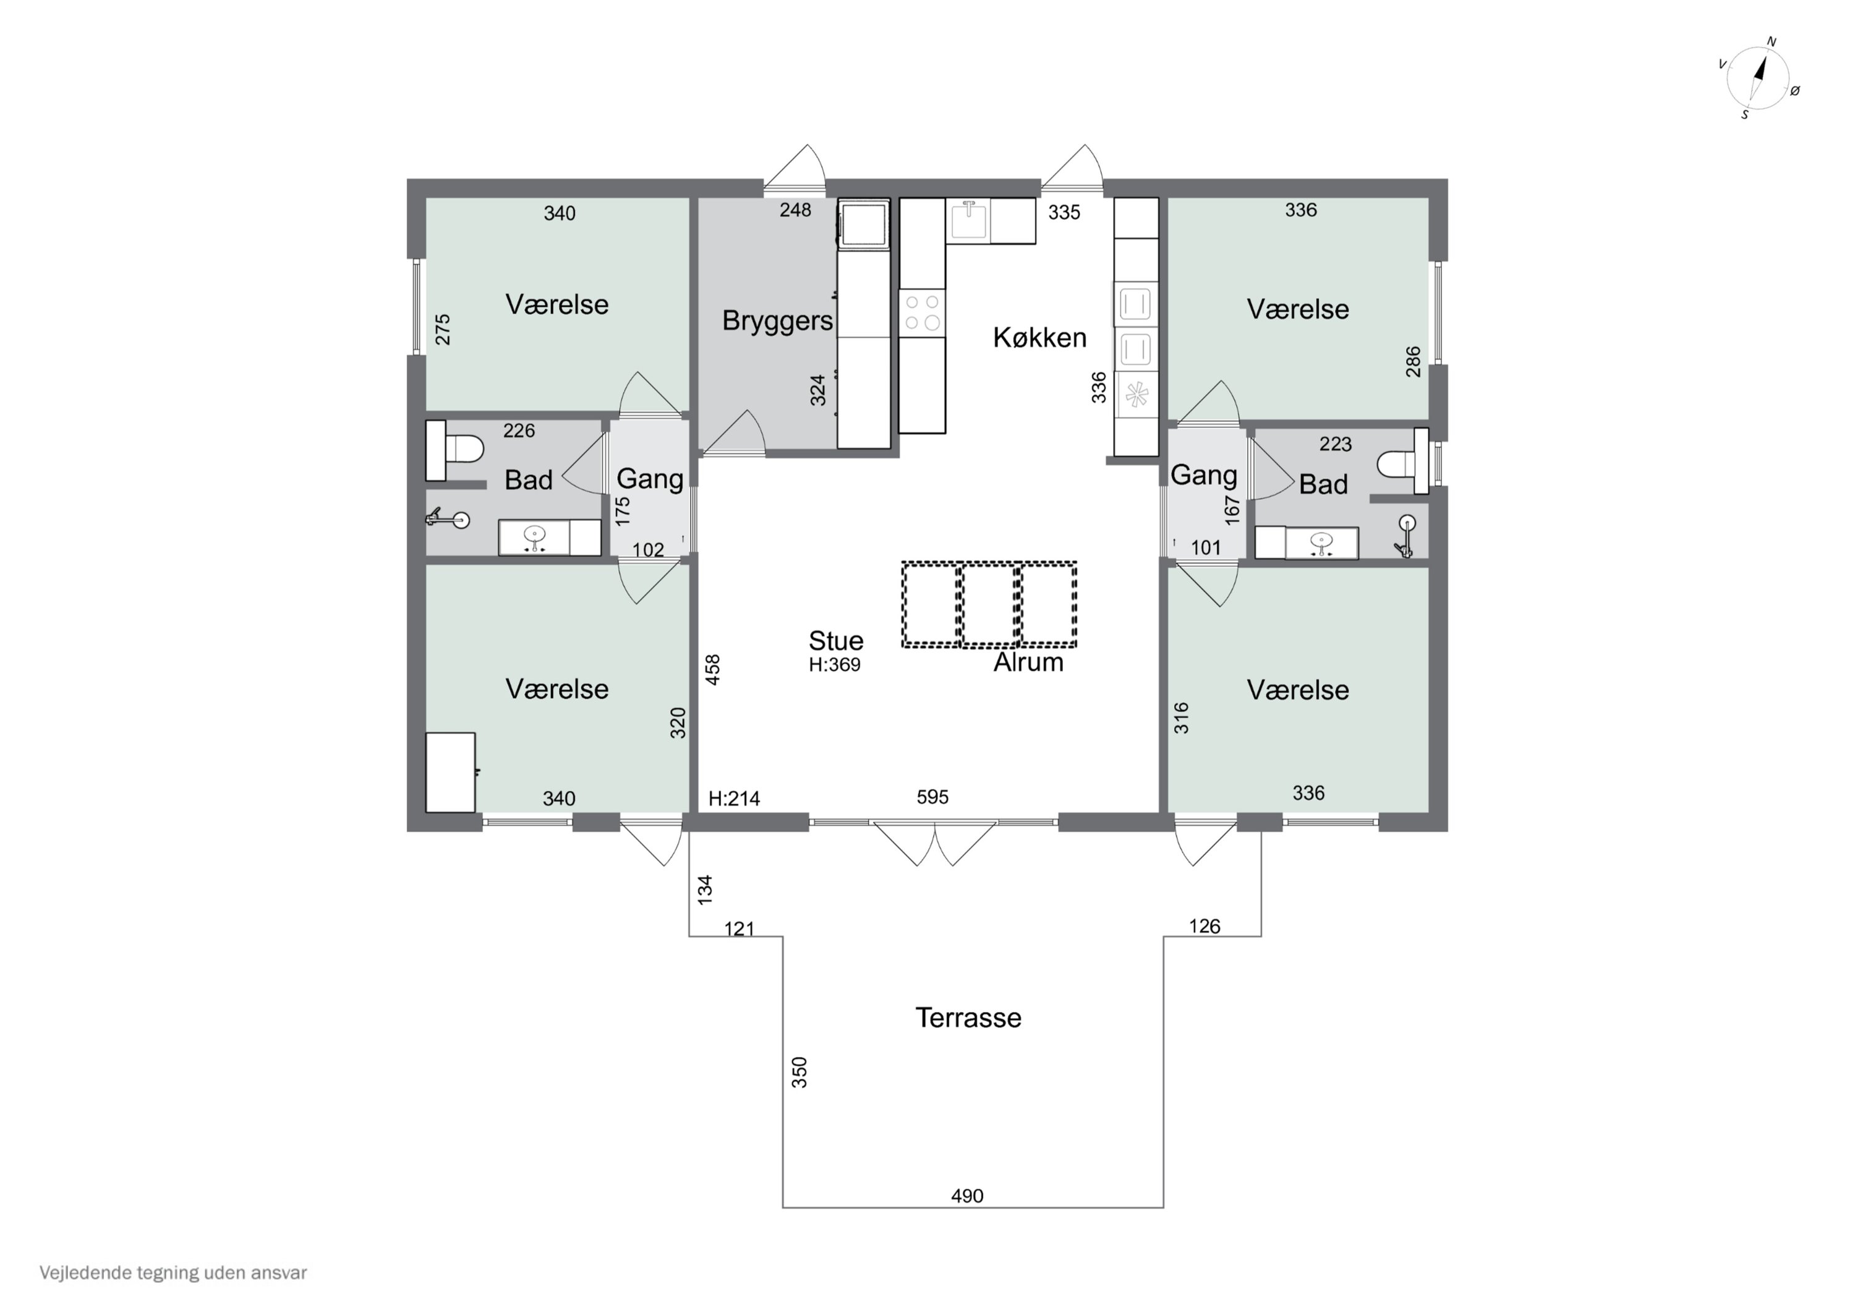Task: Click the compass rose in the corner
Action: pyautogui.click(x=1758, y=77)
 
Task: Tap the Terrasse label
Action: pyautogui.click(x=968, y=1018)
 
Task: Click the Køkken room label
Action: pyautogui.click(x=1039, y=337)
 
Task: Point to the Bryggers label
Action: pyautogui.click(x=777, y=320)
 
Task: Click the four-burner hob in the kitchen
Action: pyautogui.click(x=922, y=312)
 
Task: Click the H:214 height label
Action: pyautogui.click(x=733, y=799)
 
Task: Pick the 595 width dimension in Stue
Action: pyautogui.click(x=932, y=797)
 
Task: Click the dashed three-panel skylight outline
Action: pyautogui.click(x=989, y=604)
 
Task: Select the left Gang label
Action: pyautogui.click(x=650, y=479)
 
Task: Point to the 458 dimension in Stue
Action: pyautogui.click(x=712, y=669)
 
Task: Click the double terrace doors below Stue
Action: pyautogui.click(x=935, y=841)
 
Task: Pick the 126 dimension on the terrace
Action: pyautogui.click(x=1204, y=925)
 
